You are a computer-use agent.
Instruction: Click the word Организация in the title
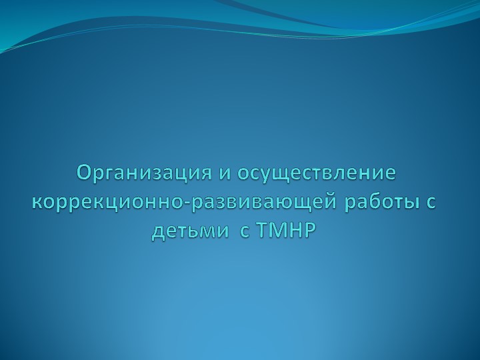[x=144, y=173]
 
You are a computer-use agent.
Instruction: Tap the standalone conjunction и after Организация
[x=224, y=173]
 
